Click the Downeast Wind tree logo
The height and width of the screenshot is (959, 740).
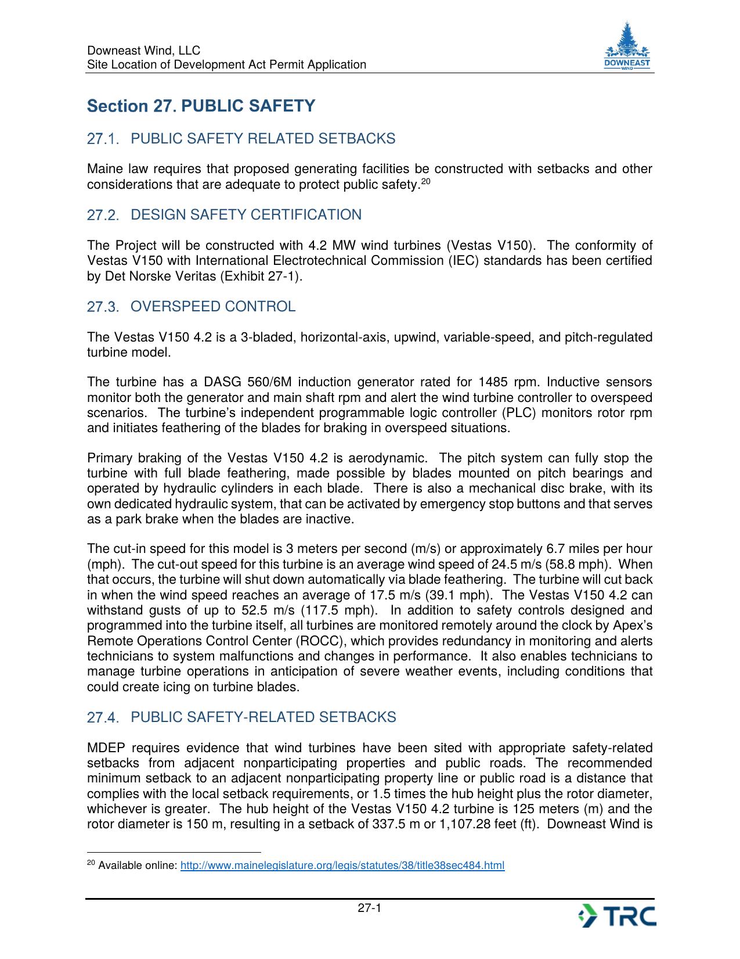[627, 46]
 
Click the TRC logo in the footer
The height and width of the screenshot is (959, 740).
[618, 916]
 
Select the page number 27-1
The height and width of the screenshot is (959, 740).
[369, 908]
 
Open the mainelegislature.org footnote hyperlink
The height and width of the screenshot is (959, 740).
[342, 866]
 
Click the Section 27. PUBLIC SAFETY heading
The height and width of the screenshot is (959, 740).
[201, 106]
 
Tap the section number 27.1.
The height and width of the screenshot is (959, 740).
[102, 139]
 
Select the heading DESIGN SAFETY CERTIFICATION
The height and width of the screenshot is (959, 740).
[246, 215]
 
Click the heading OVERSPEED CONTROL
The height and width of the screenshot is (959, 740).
[213, 307]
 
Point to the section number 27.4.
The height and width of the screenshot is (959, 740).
[102, 718]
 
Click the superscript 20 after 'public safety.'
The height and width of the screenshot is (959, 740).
[425, 182]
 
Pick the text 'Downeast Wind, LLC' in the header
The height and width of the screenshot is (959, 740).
[143, 51]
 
